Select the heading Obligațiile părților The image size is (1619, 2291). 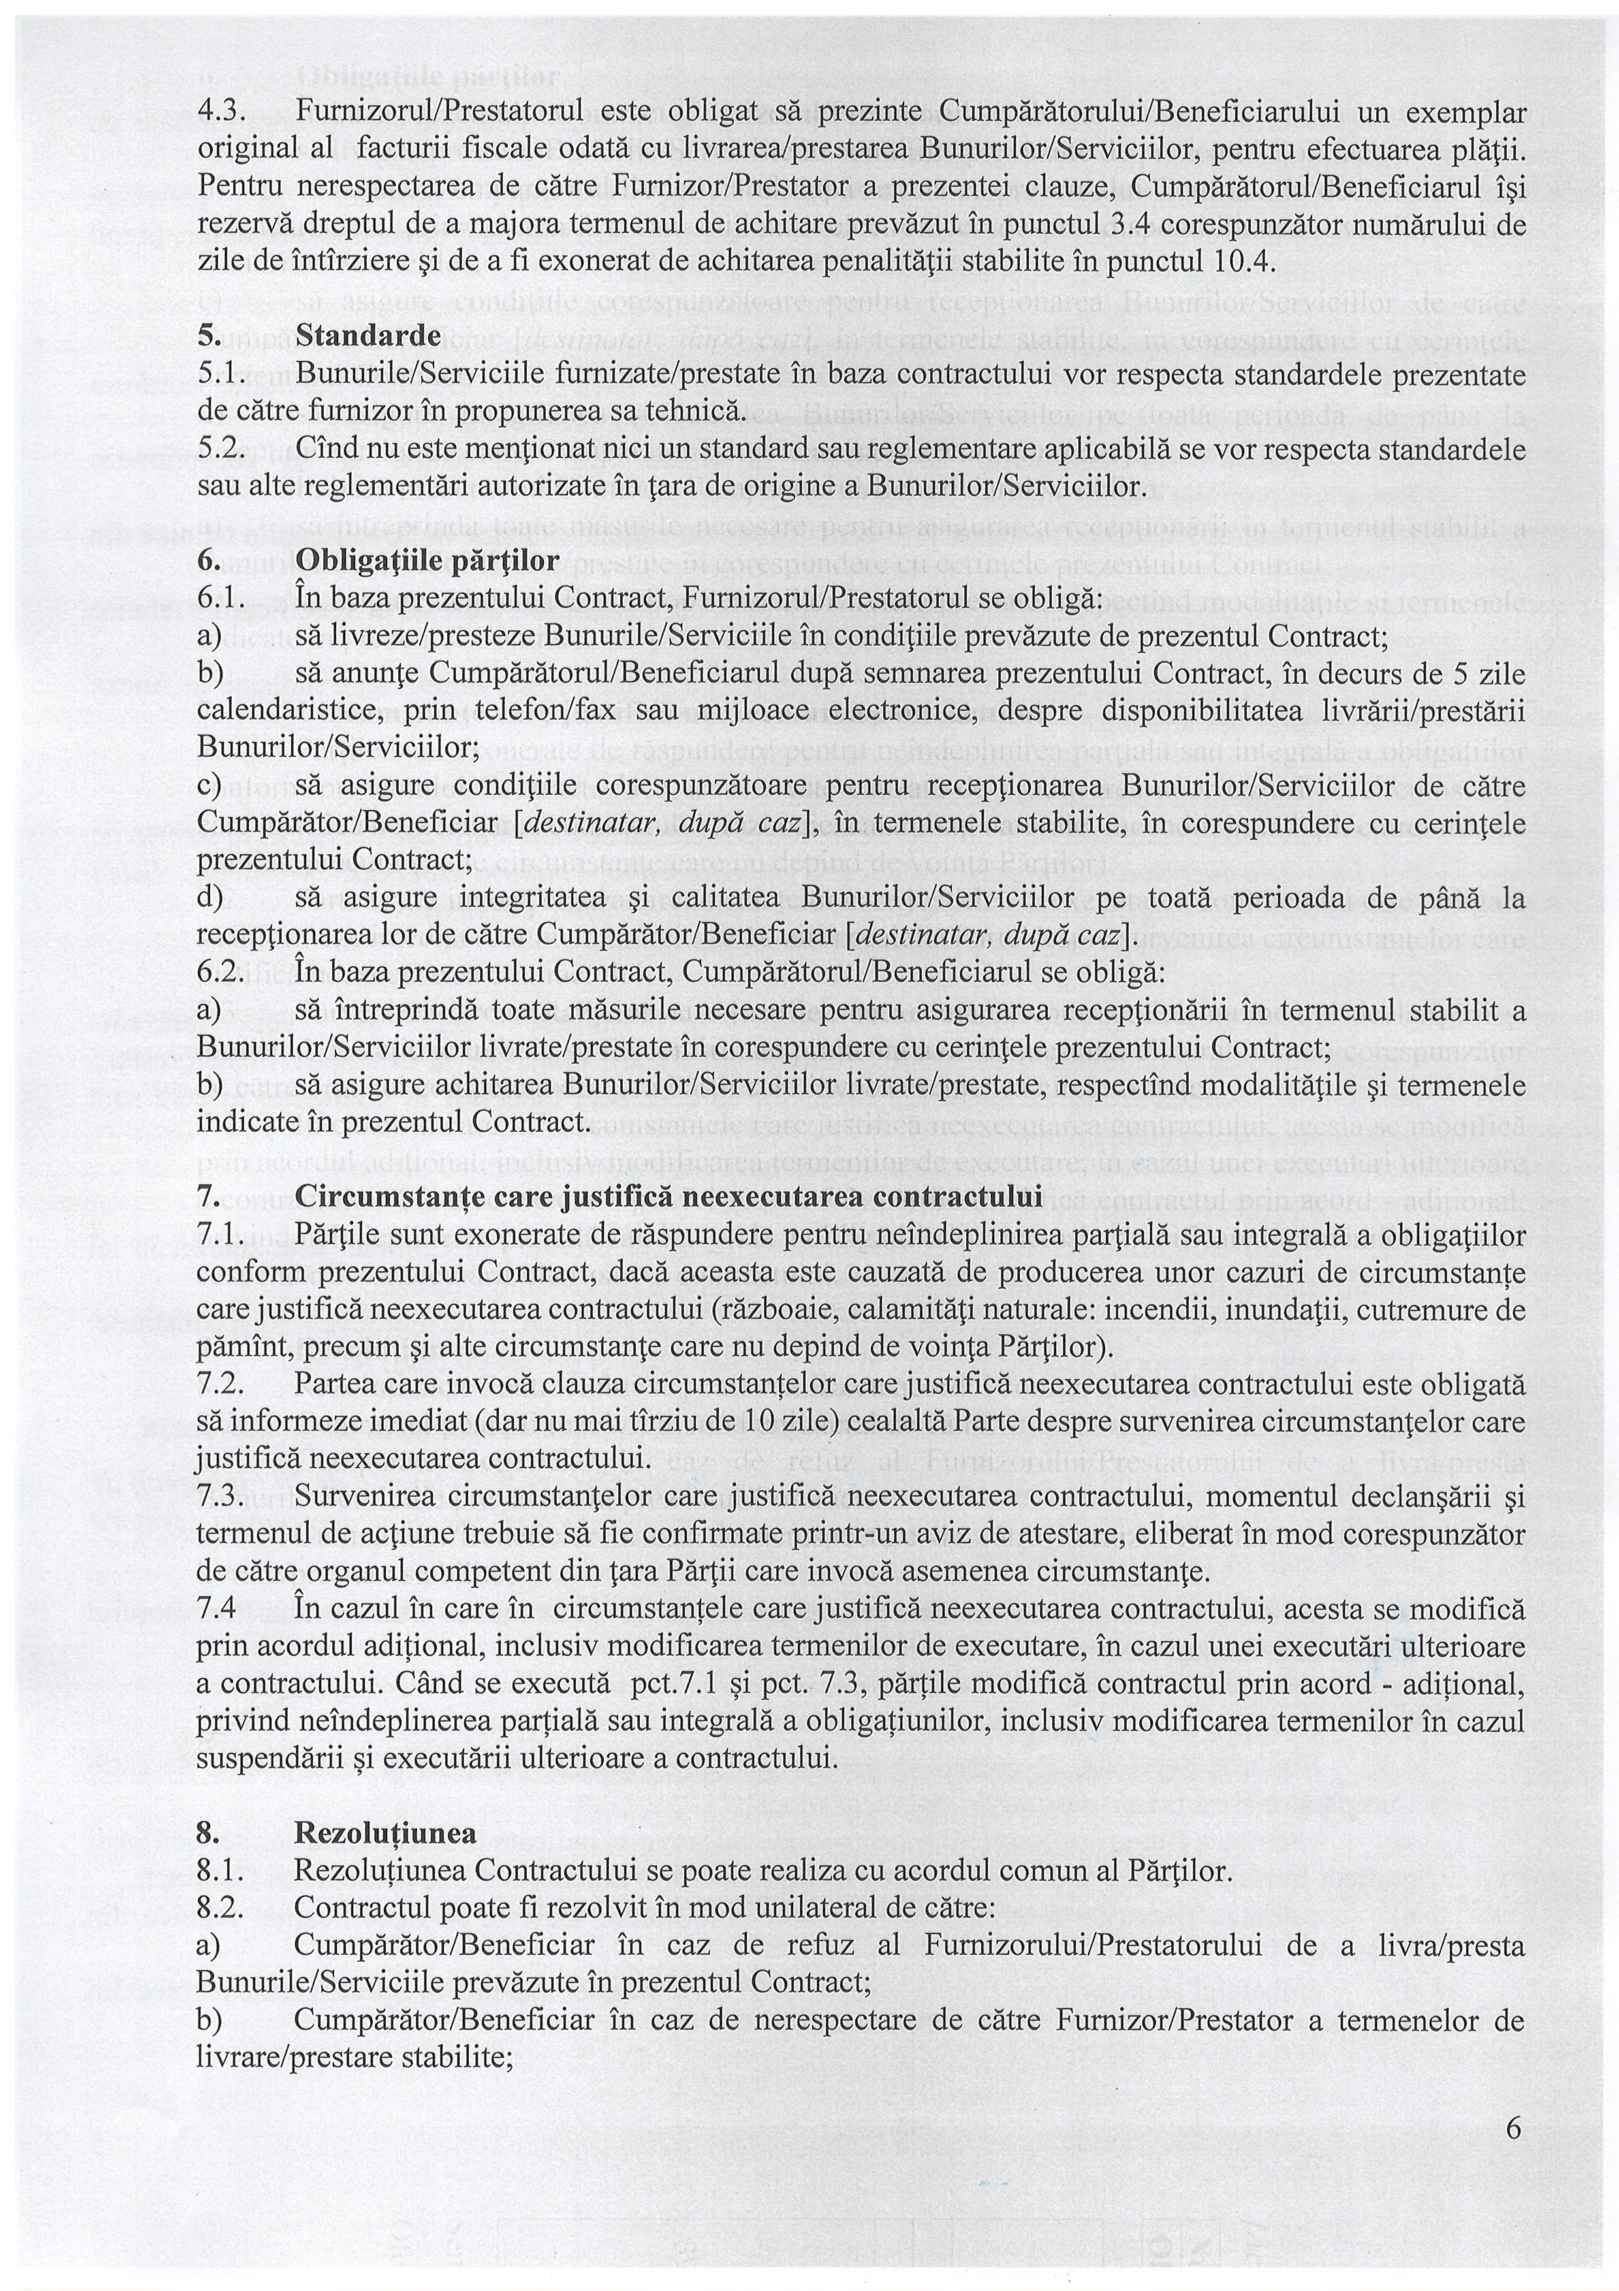427,561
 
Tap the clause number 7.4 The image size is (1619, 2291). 217,1609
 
